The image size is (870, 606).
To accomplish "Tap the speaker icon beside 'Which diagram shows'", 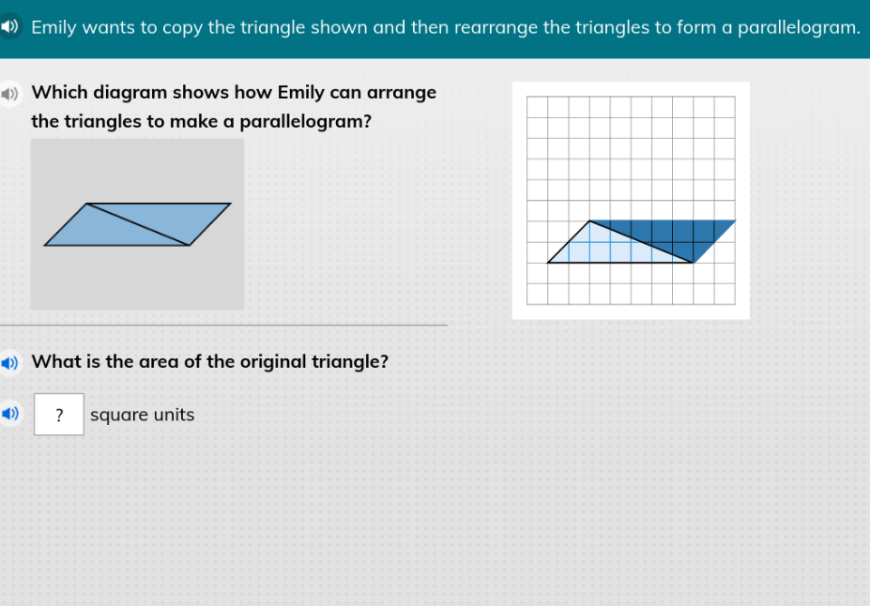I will click(x=9, y=94).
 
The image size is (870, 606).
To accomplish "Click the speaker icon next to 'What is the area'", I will click(x=9, y=362).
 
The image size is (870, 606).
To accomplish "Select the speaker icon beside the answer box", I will click(x=9, y=414).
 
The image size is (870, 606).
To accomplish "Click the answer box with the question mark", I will click(x=59, y=415).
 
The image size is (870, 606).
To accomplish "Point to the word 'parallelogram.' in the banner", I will click(x=799, y=27).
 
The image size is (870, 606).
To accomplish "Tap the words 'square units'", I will click(x=143, y=415).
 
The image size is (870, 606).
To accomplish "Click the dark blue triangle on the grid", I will click(x=676, y=235).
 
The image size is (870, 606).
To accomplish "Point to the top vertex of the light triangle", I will click(x=589, y=221).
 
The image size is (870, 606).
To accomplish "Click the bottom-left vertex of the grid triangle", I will click(x=548, y=263).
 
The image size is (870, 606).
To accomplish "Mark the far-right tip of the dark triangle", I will click(x=735, y=221).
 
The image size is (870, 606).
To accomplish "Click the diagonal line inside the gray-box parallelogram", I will click(x=138, y=224).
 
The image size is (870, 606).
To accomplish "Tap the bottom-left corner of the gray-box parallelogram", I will click(x=45, y=245).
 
